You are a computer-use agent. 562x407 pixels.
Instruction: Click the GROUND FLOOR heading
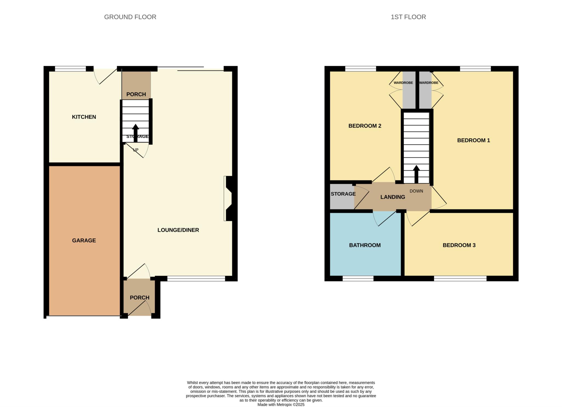[130, 17]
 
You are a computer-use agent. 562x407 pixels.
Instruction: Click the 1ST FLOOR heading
[408, 17]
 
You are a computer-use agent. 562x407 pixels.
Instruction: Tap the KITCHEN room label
[84, 117]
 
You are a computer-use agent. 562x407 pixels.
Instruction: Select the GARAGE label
[84, 241]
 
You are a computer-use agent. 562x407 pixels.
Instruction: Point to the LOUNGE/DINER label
[178, 230]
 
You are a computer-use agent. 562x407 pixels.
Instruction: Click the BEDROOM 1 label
[473, 140]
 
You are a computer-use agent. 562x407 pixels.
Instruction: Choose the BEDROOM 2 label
[365, 126]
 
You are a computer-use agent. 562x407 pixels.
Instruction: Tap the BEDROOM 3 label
[459, 245]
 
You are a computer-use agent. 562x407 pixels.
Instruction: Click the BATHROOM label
[365, 245]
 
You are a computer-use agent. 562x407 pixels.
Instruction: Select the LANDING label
[393, 197]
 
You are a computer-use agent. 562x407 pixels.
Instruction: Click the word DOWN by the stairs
[416, 191]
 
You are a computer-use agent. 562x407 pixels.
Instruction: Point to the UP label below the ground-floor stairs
[136, 150]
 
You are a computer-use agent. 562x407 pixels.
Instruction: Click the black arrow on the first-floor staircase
[416, 174]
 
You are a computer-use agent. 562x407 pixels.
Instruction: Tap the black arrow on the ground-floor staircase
[136, 133]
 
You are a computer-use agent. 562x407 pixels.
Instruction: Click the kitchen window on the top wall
[71, 69]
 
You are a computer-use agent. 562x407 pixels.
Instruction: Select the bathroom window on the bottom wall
[358, 278]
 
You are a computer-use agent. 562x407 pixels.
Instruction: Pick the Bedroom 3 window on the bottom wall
[460, 278]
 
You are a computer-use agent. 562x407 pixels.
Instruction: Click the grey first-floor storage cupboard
[342, 196]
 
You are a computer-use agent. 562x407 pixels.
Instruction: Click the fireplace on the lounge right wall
[228, 198]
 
